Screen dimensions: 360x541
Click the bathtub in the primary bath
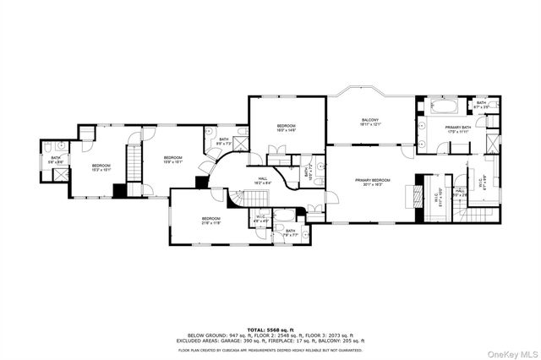tap(445, 108)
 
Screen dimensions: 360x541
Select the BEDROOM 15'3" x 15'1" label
tap(101, 167)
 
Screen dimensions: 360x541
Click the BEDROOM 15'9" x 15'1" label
tap(172, 159)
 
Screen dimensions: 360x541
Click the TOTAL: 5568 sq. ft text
tap(270, 330)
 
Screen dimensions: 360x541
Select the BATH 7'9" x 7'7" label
tap(290, 232)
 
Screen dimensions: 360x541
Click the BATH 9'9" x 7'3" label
tap(224, 141)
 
